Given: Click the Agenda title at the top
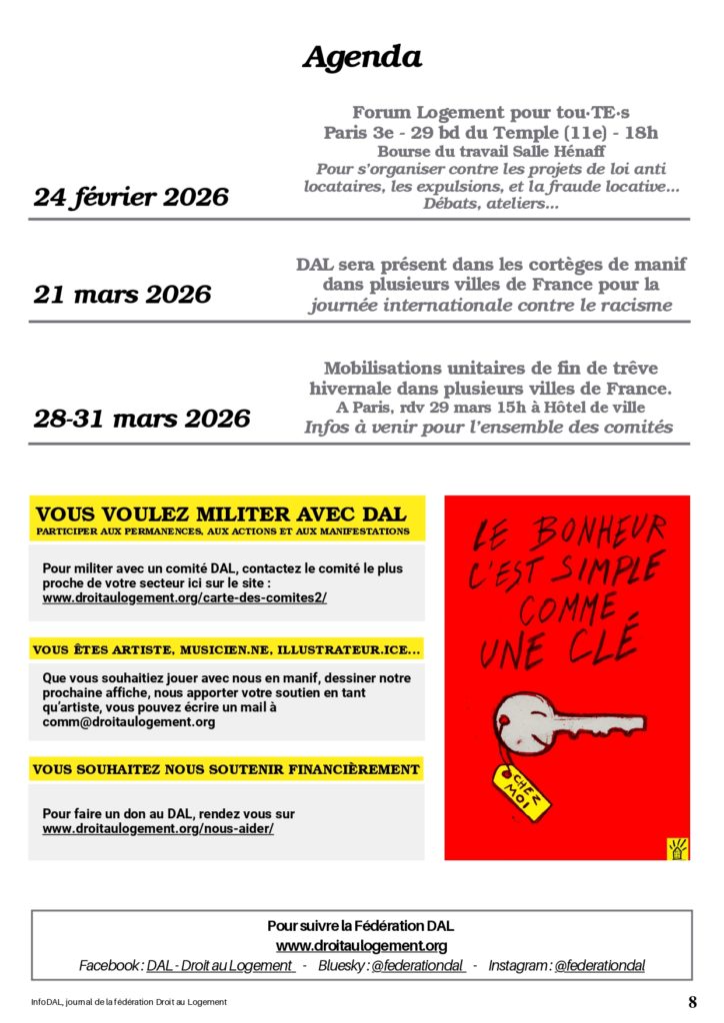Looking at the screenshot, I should click(x=361, y=58).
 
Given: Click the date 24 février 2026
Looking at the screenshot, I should click(x=131, y=198).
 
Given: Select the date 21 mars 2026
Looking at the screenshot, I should click(x=122, y=295).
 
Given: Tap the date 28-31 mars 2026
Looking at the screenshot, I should click(x=142, y=419).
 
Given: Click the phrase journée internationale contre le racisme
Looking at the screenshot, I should click(x=490, y=306).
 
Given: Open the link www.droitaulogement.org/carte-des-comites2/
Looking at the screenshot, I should click(x=184, y=597).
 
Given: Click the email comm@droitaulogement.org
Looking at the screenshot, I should click(x=128, y=721).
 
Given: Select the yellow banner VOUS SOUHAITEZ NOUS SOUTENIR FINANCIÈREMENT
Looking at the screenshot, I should click(x=226, y=769).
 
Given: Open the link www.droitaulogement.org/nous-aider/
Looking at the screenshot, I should click(x=158, y=829).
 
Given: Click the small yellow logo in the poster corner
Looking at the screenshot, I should click(x=677, y=848).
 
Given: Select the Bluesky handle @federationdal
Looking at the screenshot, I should click(x=417, y=966).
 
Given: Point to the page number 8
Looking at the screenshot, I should click(x=692, y=1002).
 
